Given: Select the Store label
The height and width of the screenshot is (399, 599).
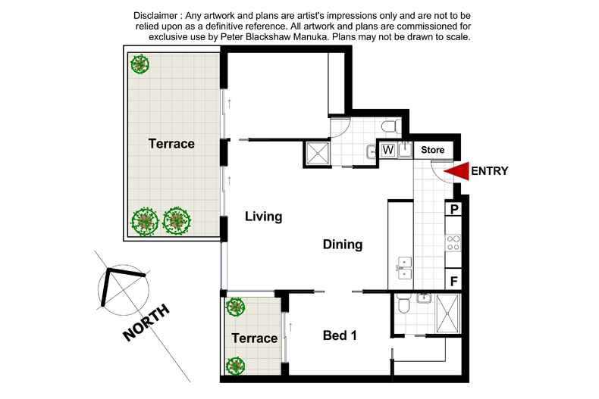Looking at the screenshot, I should [x=432, y=150].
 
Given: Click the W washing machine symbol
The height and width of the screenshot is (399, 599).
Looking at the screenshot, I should [x=387, y=150].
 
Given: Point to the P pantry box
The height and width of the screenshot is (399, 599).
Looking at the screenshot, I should [x=453, y=209].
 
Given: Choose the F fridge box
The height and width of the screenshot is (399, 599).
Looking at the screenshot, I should [x=453, y=281].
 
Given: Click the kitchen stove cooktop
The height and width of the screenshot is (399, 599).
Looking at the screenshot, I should [x=453, y=244].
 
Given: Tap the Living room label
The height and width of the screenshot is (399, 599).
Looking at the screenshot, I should [x=263, y=217].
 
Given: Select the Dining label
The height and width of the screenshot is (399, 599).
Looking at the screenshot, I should [x=343, y=245].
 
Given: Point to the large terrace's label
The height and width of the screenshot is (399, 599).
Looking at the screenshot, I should [x=171, y=143].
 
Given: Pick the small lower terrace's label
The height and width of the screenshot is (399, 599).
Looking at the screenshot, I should [x=254, y=338].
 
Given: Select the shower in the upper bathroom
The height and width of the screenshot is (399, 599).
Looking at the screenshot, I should [x=317, y=154].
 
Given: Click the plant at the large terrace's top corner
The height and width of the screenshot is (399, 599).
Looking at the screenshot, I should [x=140, y=64].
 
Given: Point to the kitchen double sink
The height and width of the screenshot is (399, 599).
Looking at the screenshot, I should [x=404, y=265].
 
